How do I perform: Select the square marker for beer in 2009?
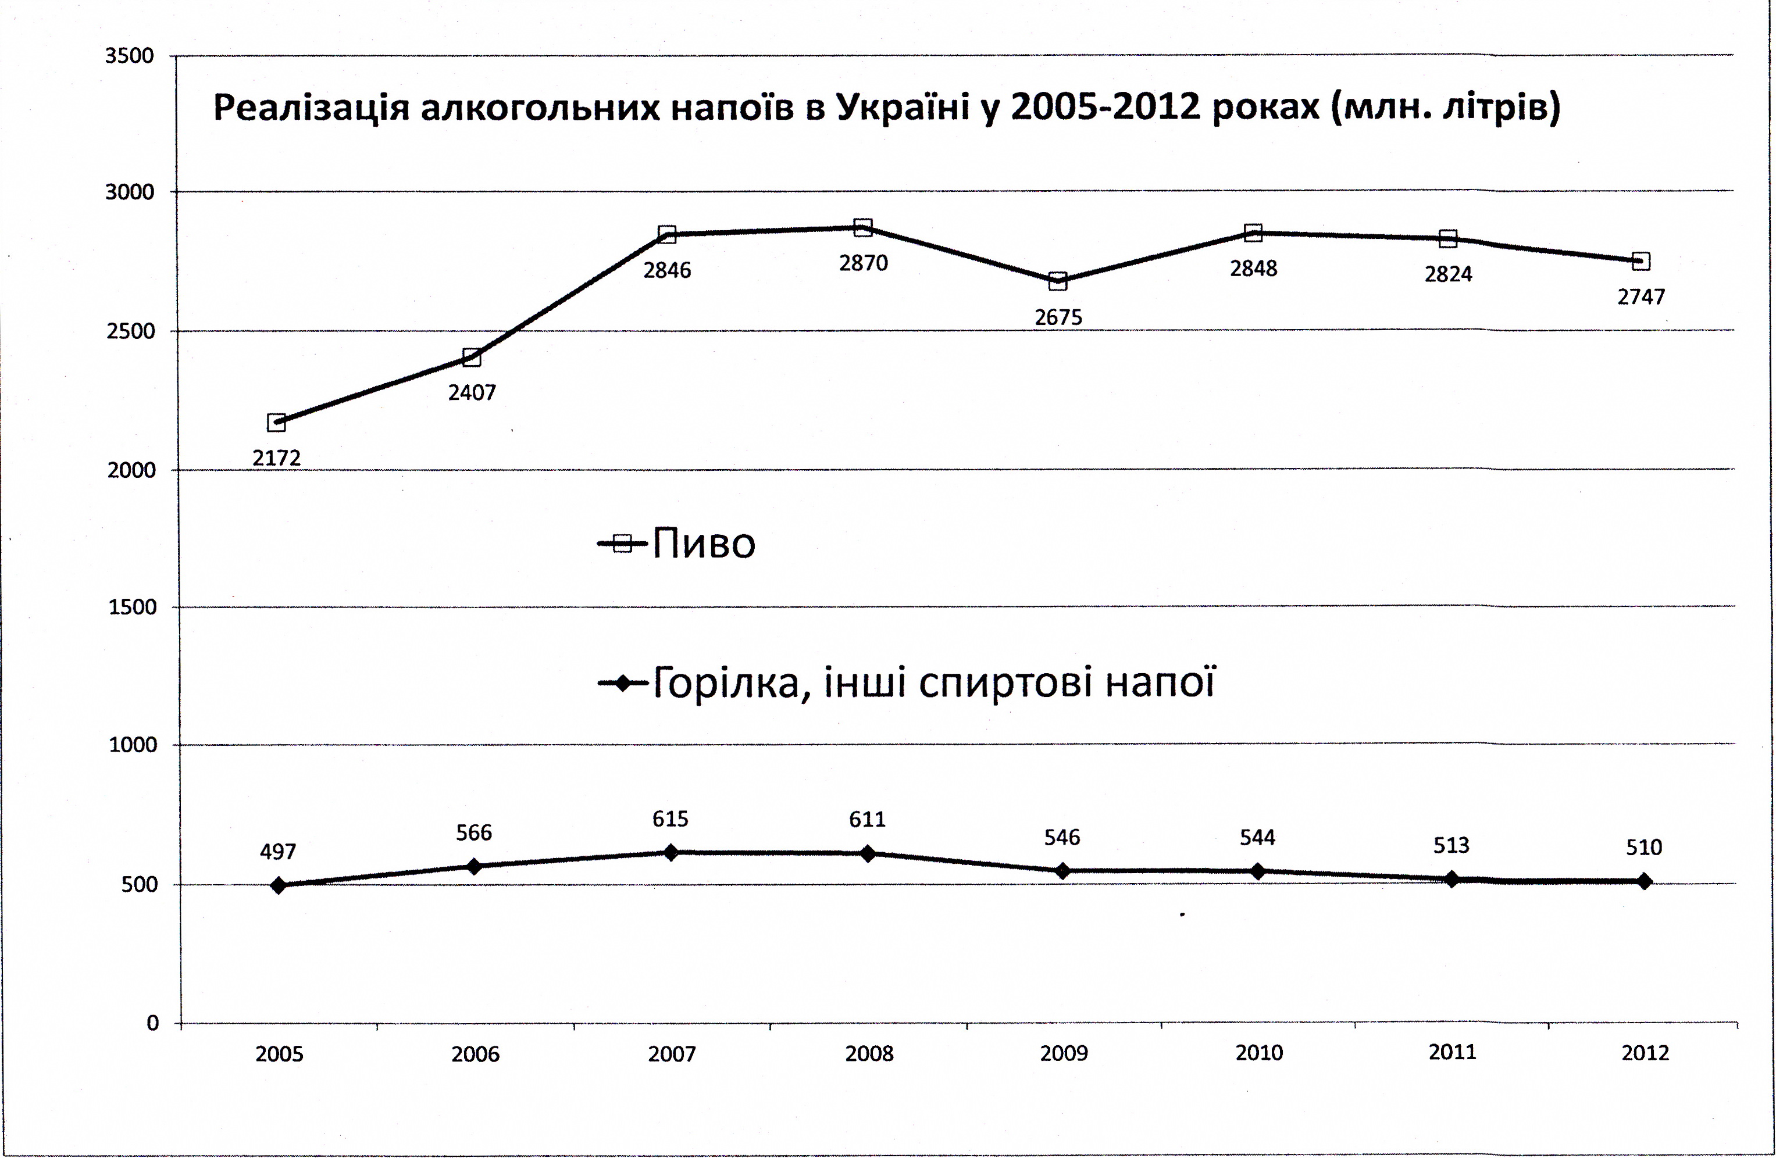pyautogui.click(x=1057, y=281)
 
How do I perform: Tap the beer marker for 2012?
pyautogui.click(x=1640, y=261)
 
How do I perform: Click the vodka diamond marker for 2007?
pyautogui.click(x=670, y=852)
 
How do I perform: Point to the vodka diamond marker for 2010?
pyautogui.click(x=1257, y=871)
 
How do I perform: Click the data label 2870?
pyautogui.click(x=864, y=263)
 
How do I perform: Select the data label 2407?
pyautogui.click(x=472, y=392)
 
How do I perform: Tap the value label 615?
pyautogui.click(x=670, y=819)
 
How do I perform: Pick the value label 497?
pyautogui.click(x=277, y=851)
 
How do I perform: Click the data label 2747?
pyautogui.click(x=1641, y=297)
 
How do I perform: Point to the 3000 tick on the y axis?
pyautogui.click(x=129, y=192)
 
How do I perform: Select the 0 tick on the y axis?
pyautogui.click(x=152, y=1023)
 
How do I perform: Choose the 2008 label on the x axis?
pyautogui.click(x=869, y=1053)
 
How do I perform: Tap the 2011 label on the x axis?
pyautogui.click(x=1452, y=1052)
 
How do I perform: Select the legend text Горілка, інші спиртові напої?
pyautogui.click(x=933, y=682)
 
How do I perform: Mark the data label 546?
pyautogui.click(x=1061, y=837)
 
